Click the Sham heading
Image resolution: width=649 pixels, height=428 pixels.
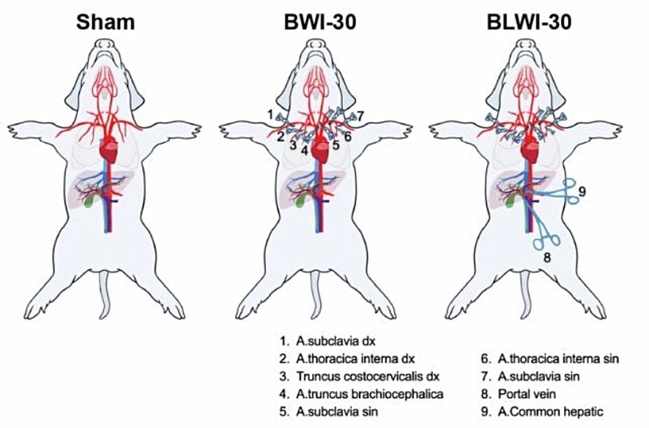click(105, 22)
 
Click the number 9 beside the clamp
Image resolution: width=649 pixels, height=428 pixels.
click(583, 190)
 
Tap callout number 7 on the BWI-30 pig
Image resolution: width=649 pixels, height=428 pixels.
click(360, 116)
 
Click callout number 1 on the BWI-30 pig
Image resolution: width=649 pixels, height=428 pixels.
click(269, 115)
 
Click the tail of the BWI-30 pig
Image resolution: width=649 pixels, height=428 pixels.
click(318, 303)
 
